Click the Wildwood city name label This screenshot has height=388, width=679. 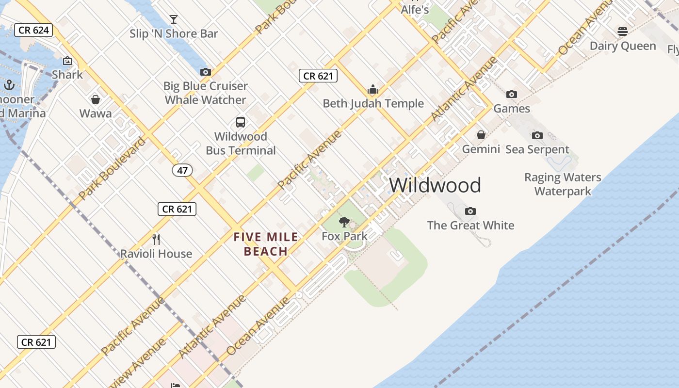click(x=435, y=185)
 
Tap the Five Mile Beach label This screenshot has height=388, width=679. click(x=266, y=244)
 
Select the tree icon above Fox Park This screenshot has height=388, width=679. click(x=344, y=223)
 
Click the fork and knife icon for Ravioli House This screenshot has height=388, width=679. click(x=156, y=240)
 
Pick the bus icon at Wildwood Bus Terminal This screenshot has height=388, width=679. click(x=241, y=122)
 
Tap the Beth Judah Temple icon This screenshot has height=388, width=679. click(x=373, y=90)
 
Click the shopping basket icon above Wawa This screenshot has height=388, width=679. click(x=96, y=99)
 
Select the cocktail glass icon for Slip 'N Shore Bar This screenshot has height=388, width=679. click(x=174, y=19)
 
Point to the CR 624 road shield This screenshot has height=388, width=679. click(x=33, y=30)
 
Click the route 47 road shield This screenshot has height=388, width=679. click(x=182, y=170)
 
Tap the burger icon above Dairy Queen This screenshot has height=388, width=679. click(x=623, y=32)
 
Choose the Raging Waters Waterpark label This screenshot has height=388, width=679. click(x=563, y=184)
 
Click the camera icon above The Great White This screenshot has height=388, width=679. click(x=470, y=211)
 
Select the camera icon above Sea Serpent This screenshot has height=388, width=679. click(x=537, y=135)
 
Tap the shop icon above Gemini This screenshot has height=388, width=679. click(x=481, y=135)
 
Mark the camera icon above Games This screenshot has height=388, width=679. click(x=512, y=95)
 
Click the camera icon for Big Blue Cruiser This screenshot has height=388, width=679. click(x=206, y=72)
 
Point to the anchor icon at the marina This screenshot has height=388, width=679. click(x=9, y=85)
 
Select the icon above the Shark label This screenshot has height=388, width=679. click(x=67, y=61)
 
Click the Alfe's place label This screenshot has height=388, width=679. click(x=415, y=9)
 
